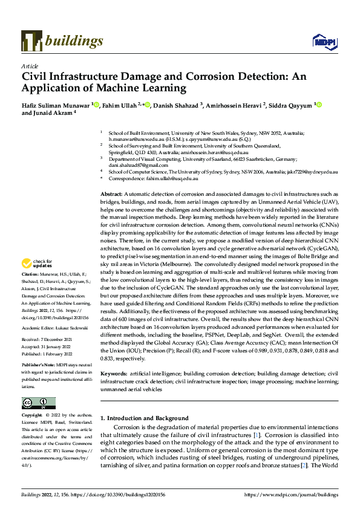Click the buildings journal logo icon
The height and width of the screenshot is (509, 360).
tap(32, 41)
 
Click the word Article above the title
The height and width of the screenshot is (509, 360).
tap(30, 66)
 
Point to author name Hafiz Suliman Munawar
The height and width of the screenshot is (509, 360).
tap(56, 105)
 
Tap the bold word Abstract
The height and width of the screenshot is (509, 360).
tap(113, 175)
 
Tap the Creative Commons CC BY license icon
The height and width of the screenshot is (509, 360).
tap(38, 403)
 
